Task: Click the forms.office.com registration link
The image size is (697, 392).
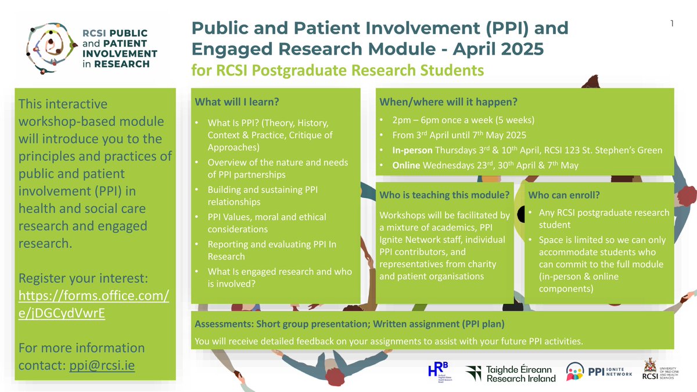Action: coord(93,304)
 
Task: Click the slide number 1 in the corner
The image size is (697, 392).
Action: coord(671,24)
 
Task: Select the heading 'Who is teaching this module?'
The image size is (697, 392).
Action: coord(444,195)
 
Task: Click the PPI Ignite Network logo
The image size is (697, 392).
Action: coord(599,371)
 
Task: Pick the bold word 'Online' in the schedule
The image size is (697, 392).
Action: coord(406,166)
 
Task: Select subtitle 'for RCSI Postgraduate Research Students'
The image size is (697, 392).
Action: coord(337,70)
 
